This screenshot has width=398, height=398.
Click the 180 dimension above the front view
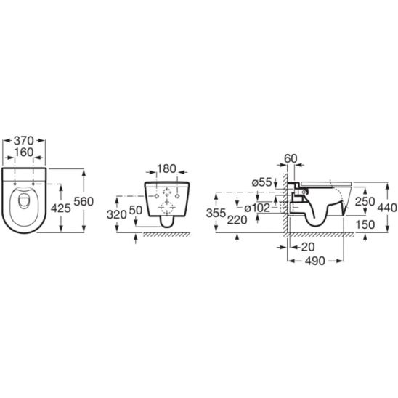point(167,169)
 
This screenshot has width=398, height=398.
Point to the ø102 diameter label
point(259,208)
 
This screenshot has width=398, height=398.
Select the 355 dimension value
point(216,213)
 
